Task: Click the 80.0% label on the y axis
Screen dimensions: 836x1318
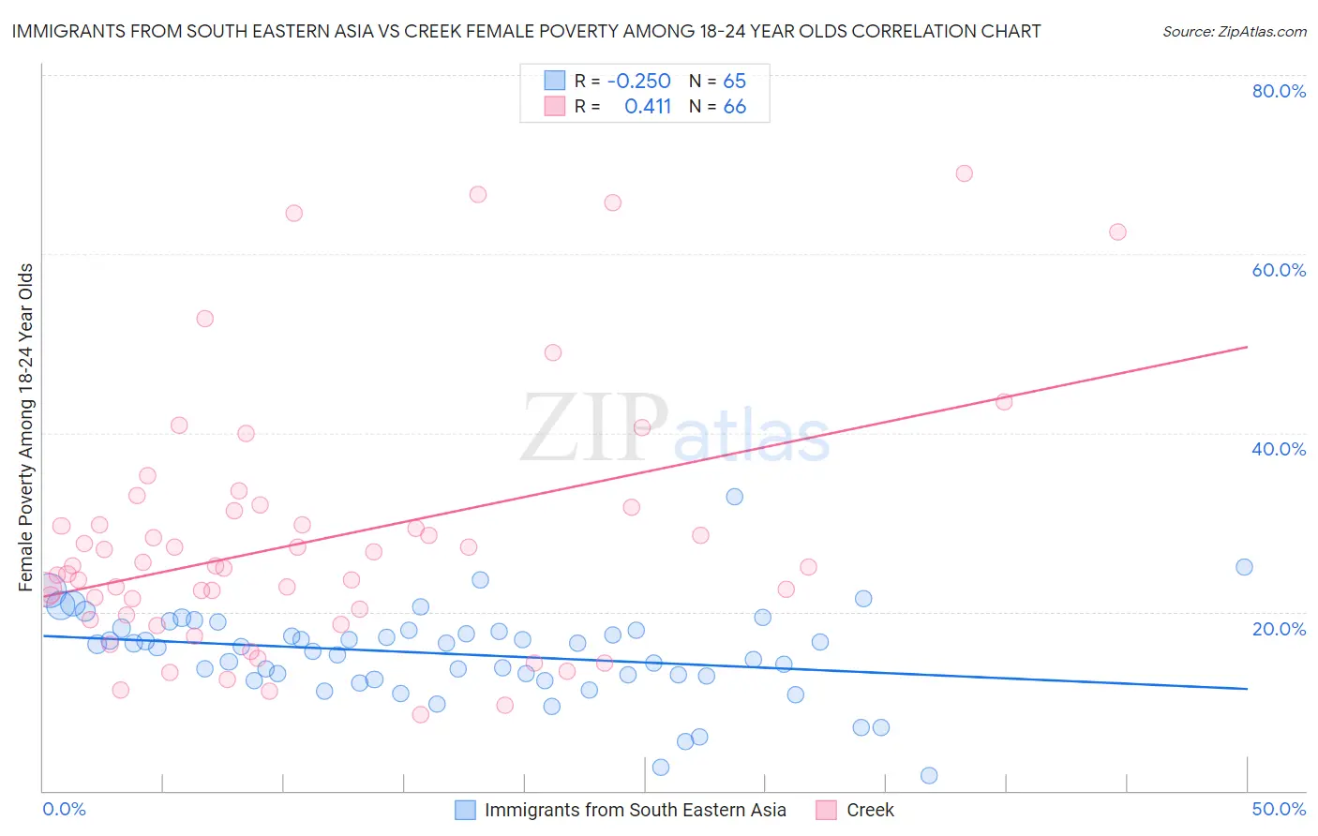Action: coord(1279,91)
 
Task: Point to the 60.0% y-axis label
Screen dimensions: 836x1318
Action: coord(1279,270)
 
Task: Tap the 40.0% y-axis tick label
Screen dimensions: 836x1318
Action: coord(1279,449)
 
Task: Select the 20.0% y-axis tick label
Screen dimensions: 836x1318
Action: coord(1279,628)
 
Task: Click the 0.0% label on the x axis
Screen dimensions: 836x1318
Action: coord(64,809)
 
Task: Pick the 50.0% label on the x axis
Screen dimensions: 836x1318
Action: coord(1279,809)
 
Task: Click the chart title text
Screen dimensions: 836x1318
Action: coord(526,31)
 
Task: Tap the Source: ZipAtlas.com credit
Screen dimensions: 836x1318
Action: coord(1234,31)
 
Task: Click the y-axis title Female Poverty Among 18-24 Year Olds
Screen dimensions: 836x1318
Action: coord(26,427)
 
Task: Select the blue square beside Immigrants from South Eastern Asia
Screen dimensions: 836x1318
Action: coord(465,810)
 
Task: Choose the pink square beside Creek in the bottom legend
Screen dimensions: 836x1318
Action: coord(826,810)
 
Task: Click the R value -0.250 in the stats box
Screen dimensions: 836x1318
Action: coord(638,82)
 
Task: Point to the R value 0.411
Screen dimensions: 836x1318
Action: coord(648,107)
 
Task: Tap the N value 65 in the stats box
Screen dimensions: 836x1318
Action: coord(734,82)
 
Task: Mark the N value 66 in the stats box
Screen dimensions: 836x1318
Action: coord(734,107)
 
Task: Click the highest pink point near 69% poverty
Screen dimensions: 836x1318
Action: coord(964,173)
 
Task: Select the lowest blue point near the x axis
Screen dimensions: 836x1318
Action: coord(929,775)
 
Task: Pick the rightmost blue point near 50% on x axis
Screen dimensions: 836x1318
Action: coord(1244,567)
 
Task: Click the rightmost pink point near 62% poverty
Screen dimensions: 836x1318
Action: coord(1117,232)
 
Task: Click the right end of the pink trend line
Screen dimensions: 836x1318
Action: coord(1247,347)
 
